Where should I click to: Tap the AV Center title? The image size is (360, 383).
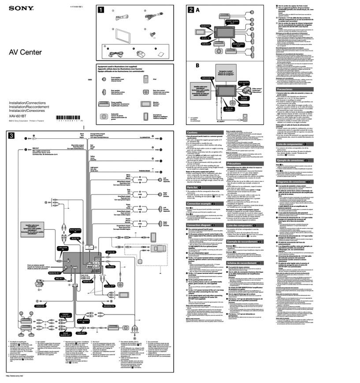[x=25, y=52]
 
